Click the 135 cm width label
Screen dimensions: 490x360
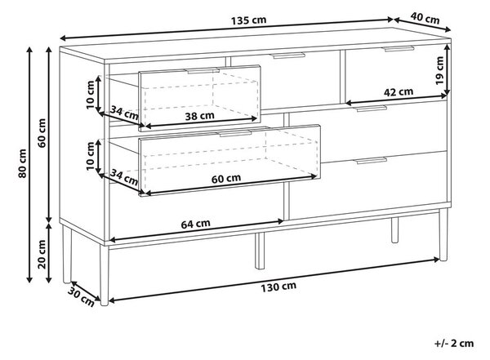point(249,20)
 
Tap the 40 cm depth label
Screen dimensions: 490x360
point(425,19)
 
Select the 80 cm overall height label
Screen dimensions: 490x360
point(23,163)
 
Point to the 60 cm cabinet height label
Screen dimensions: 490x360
point(42,133)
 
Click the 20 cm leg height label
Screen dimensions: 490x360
point(42,255)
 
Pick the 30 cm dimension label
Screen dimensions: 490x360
point(81,297)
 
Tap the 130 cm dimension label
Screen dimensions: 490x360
point(278,287)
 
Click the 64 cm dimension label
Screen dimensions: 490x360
point(196,224)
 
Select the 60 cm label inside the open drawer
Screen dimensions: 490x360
point(226,179)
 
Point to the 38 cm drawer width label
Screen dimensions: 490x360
point(200,116)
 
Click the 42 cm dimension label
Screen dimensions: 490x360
point(399,92)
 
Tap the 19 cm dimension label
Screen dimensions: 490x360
point(439,70)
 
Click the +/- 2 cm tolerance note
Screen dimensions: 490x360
point(454,343)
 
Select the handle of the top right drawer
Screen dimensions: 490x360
point(399,49)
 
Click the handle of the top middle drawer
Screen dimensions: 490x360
point(288,56)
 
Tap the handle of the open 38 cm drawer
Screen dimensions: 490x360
point(203,71)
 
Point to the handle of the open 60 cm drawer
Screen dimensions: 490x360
point(236,133)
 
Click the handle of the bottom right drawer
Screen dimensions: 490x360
point(372,161)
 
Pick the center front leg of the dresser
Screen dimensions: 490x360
point(260,251)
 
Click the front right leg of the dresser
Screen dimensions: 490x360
point(443,235)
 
